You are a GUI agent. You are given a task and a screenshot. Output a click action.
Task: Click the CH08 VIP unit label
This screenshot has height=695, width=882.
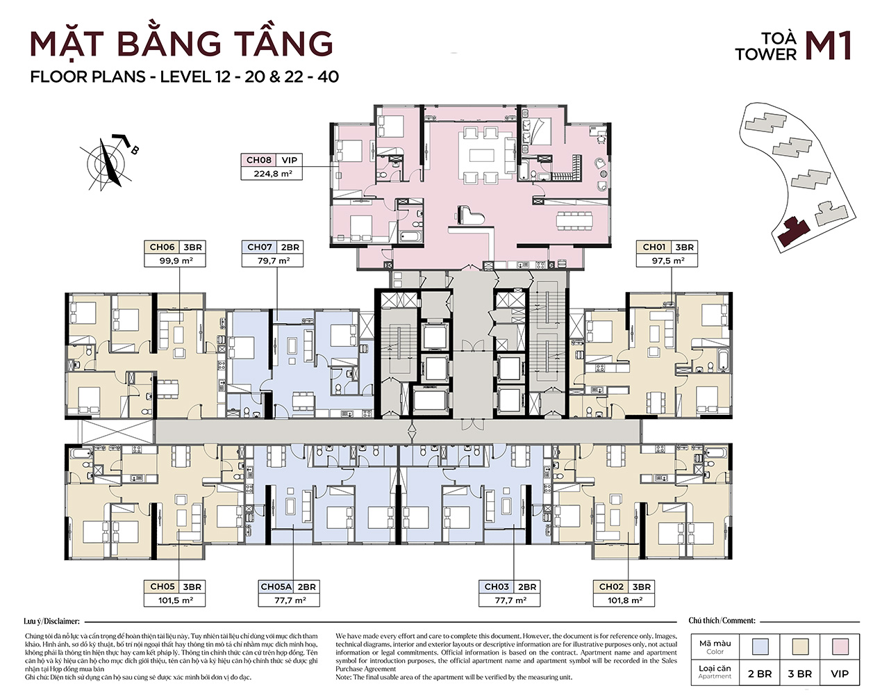272,160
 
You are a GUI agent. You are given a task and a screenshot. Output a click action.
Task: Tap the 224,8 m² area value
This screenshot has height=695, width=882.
272,174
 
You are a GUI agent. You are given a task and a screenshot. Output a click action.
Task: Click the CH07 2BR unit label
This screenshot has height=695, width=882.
273,247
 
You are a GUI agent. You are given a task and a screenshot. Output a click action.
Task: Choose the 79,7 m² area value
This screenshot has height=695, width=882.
273,261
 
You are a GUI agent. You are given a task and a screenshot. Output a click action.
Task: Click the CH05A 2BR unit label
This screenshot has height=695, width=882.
288,587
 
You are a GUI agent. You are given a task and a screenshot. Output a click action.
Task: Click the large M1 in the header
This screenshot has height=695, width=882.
828,47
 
